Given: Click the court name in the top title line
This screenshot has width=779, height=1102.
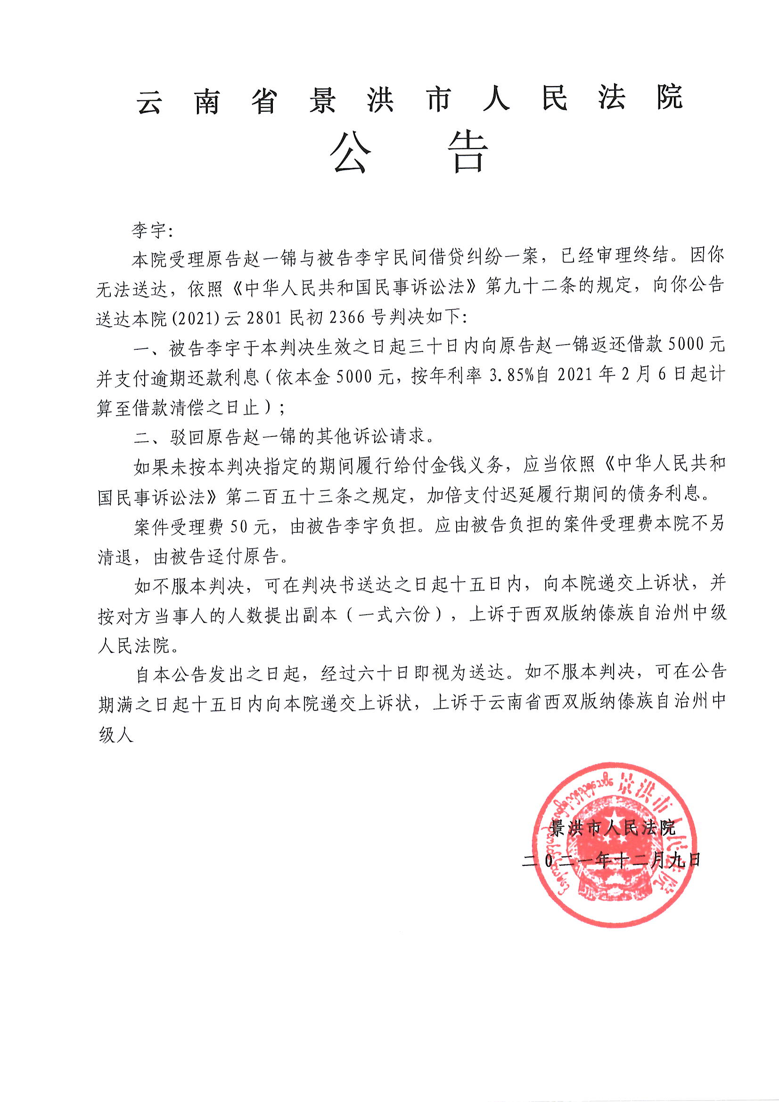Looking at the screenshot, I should (x=410, y=99).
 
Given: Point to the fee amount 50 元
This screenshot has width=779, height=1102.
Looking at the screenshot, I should (x=250, y=526).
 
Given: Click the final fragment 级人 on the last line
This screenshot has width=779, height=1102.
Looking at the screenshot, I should (x=115, y=734).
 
